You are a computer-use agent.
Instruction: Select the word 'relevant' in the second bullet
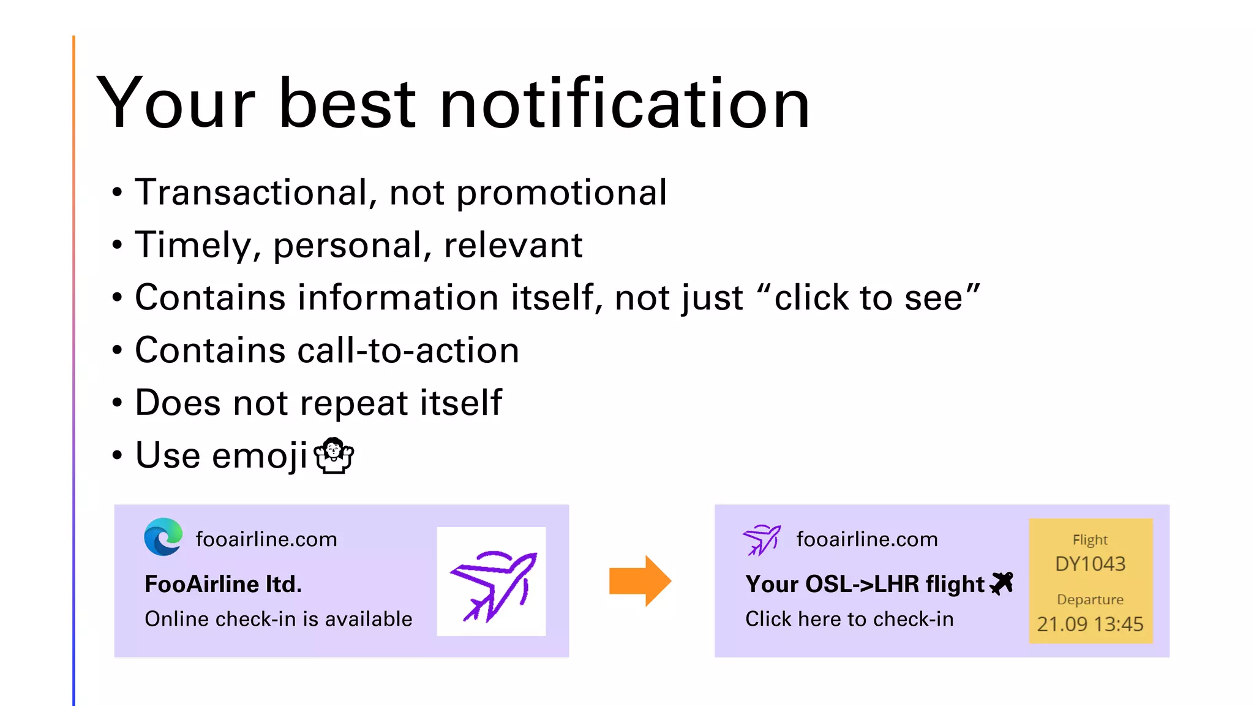coord(513,245)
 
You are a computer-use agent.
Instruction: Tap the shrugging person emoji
coord(334,456)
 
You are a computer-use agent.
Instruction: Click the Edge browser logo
coord(163,537)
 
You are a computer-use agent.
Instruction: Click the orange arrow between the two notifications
coord(640,581)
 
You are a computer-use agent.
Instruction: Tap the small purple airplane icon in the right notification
coord(761,539)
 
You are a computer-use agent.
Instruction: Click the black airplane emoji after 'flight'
coord(1001,583)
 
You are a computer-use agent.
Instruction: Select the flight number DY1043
coord(1090,564)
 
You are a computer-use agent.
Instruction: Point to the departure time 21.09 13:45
coord(1090,624)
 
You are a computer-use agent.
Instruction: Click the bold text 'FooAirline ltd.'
coord(223,584)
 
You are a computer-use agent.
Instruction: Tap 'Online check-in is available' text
coord(278,619)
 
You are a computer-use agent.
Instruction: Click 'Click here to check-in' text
coord(849,619)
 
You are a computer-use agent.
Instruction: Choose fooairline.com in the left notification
coord(266,539)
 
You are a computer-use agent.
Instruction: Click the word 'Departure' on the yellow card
coord(1090,599)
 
